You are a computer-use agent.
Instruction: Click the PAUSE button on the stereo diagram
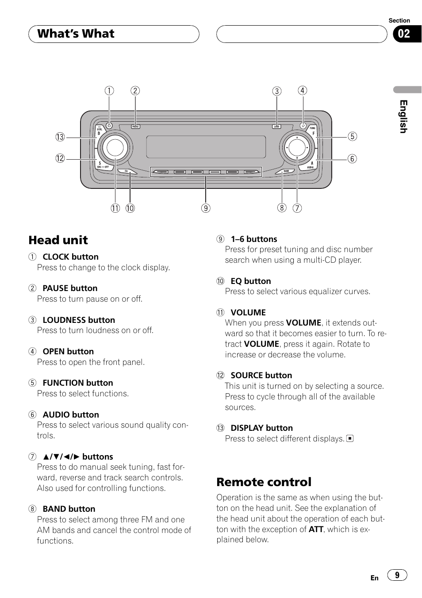(135, 126)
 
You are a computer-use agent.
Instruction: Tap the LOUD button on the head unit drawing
(276, 126)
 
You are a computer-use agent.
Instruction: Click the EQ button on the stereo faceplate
(126, 171)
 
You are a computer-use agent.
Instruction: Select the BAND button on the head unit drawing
(286, 171)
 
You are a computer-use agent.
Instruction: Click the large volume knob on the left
(115, 147)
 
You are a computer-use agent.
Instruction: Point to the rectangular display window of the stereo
(206, 147)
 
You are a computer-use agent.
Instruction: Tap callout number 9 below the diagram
(206, 208)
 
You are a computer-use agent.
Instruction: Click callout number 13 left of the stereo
(60, 137)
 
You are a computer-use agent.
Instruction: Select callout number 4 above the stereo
(303, 91)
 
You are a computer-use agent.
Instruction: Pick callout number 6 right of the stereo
(352, 159)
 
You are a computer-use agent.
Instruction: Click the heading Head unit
(58, 240)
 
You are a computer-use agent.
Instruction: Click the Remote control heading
(264, 482)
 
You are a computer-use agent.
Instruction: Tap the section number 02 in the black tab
(404, 34)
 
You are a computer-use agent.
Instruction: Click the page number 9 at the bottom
(397, 575)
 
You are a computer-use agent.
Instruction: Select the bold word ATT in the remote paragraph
(316, 529)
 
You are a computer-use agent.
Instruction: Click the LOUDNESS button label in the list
(79, 320)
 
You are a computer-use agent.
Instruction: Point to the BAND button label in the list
(69, 509)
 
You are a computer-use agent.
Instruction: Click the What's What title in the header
(76, 34)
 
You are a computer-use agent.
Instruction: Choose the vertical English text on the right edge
(403, 116)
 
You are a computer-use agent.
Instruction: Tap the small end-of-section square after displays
(350, 439)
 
